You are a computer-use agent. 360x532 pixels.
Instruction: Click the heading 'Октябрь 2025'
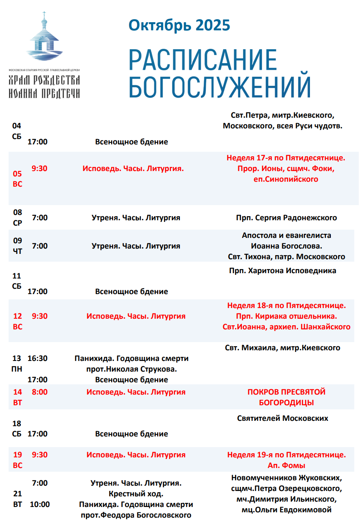tap(179, 25)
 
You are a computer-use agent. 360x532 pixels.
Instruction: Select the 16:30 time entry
tap(37, 358)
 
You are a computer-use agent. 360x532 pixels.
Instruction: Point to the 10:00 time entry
tap(40, 504)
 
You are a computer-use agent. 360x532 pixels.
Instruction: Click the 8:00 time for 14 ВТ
tap(40, 392)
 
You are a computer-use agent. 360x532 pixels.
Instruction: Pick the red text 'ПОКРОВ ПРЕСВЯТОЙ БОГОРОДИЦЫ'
tap(286, 397)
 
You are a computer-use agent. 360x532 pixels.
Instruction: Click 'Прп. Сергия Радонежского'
tap(286, 217)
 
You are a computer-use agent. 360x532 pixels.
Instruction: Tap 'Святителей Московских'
tap(283, 418)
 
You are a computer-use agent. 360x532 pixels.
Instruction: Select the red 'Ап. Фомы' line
tap(286, 465)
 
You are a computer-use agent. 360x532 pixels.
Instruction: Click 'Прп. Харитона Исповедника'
tap(283, 270)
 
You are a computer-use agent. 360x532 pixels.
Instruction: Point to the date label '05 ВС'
tap(17, 179)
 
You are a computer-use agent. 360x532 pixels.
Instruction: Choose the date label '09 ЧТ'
tap(17, 246)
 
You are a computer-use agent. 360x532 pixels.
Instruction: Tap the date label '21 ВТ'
tap(17, 498)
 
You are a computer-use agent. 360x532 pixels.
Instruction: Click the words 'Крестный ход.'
tap(136, 493)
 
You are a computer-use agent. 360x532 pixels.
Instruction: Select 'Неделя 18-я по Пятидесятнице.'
tap(286, 306)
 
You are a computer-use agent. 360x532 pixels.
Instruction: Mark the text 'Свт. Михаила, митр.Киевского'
tap(283, 348)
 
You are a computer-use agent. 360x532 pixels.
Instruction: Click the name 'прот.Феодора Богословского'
tap(136, 515)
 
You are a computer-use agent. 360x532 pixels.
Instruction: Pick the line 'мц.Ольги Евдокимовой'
tap(286, 510)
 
